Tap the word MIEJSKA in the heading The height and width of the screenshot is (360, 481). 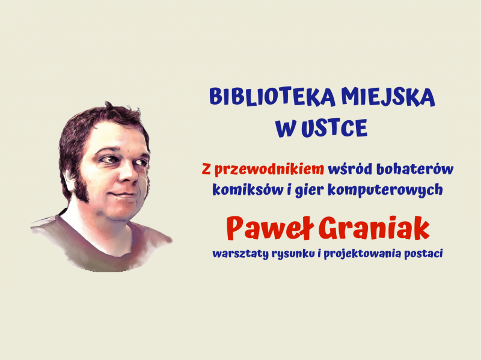[388, 97]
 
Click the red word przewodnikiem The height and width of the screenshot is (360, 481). [269, 169]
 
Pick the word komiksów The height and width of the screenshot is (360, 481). [248, 190]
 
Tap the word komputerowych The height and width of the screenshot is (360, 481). [385, 191]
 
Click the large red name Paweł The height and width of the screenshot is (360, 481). [271, 229]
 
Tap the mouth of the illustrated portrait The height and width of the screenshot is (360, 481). [123, 195]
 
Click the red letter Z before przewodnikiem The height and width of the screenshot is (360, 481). [206, 169]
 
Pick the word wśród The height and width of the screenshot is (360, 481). [350, 169]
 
